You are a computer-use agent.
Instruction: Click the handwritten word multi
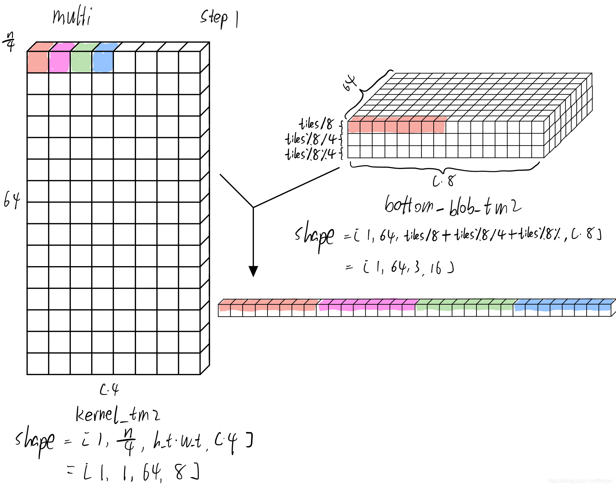[72, 17]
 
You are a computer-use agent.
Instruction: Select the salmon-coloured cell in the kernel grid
[38, 62]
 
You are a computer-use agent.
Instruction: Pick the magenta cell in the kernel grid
[59, 62]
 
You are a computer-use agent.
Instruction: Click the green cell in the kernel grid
[81, 62]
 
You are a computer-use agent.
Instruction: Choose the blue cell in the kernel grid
[103, 62]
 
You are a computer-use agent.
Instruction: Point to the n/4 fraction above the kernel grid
[10, 41]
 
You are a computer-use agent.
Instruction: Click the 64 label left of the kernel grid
[12, 200]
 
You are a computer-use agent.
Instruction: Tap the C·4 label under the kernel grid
[109, 390]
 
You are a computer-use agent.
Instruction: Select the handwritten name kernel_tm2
[118, 414]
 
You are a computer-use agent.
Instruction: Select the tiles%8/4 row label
[311, 139]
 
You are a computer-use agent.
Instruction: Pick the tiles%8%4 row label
[311, 154]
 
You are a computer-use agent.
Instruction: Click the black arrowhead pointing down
[253, 271]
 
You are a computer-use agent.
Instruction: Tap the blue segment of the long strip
[563, 306]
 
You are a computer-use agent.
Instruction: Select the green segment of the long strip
[465, 306]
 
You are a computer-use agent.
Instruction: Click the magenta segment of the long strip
[366, 306]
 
